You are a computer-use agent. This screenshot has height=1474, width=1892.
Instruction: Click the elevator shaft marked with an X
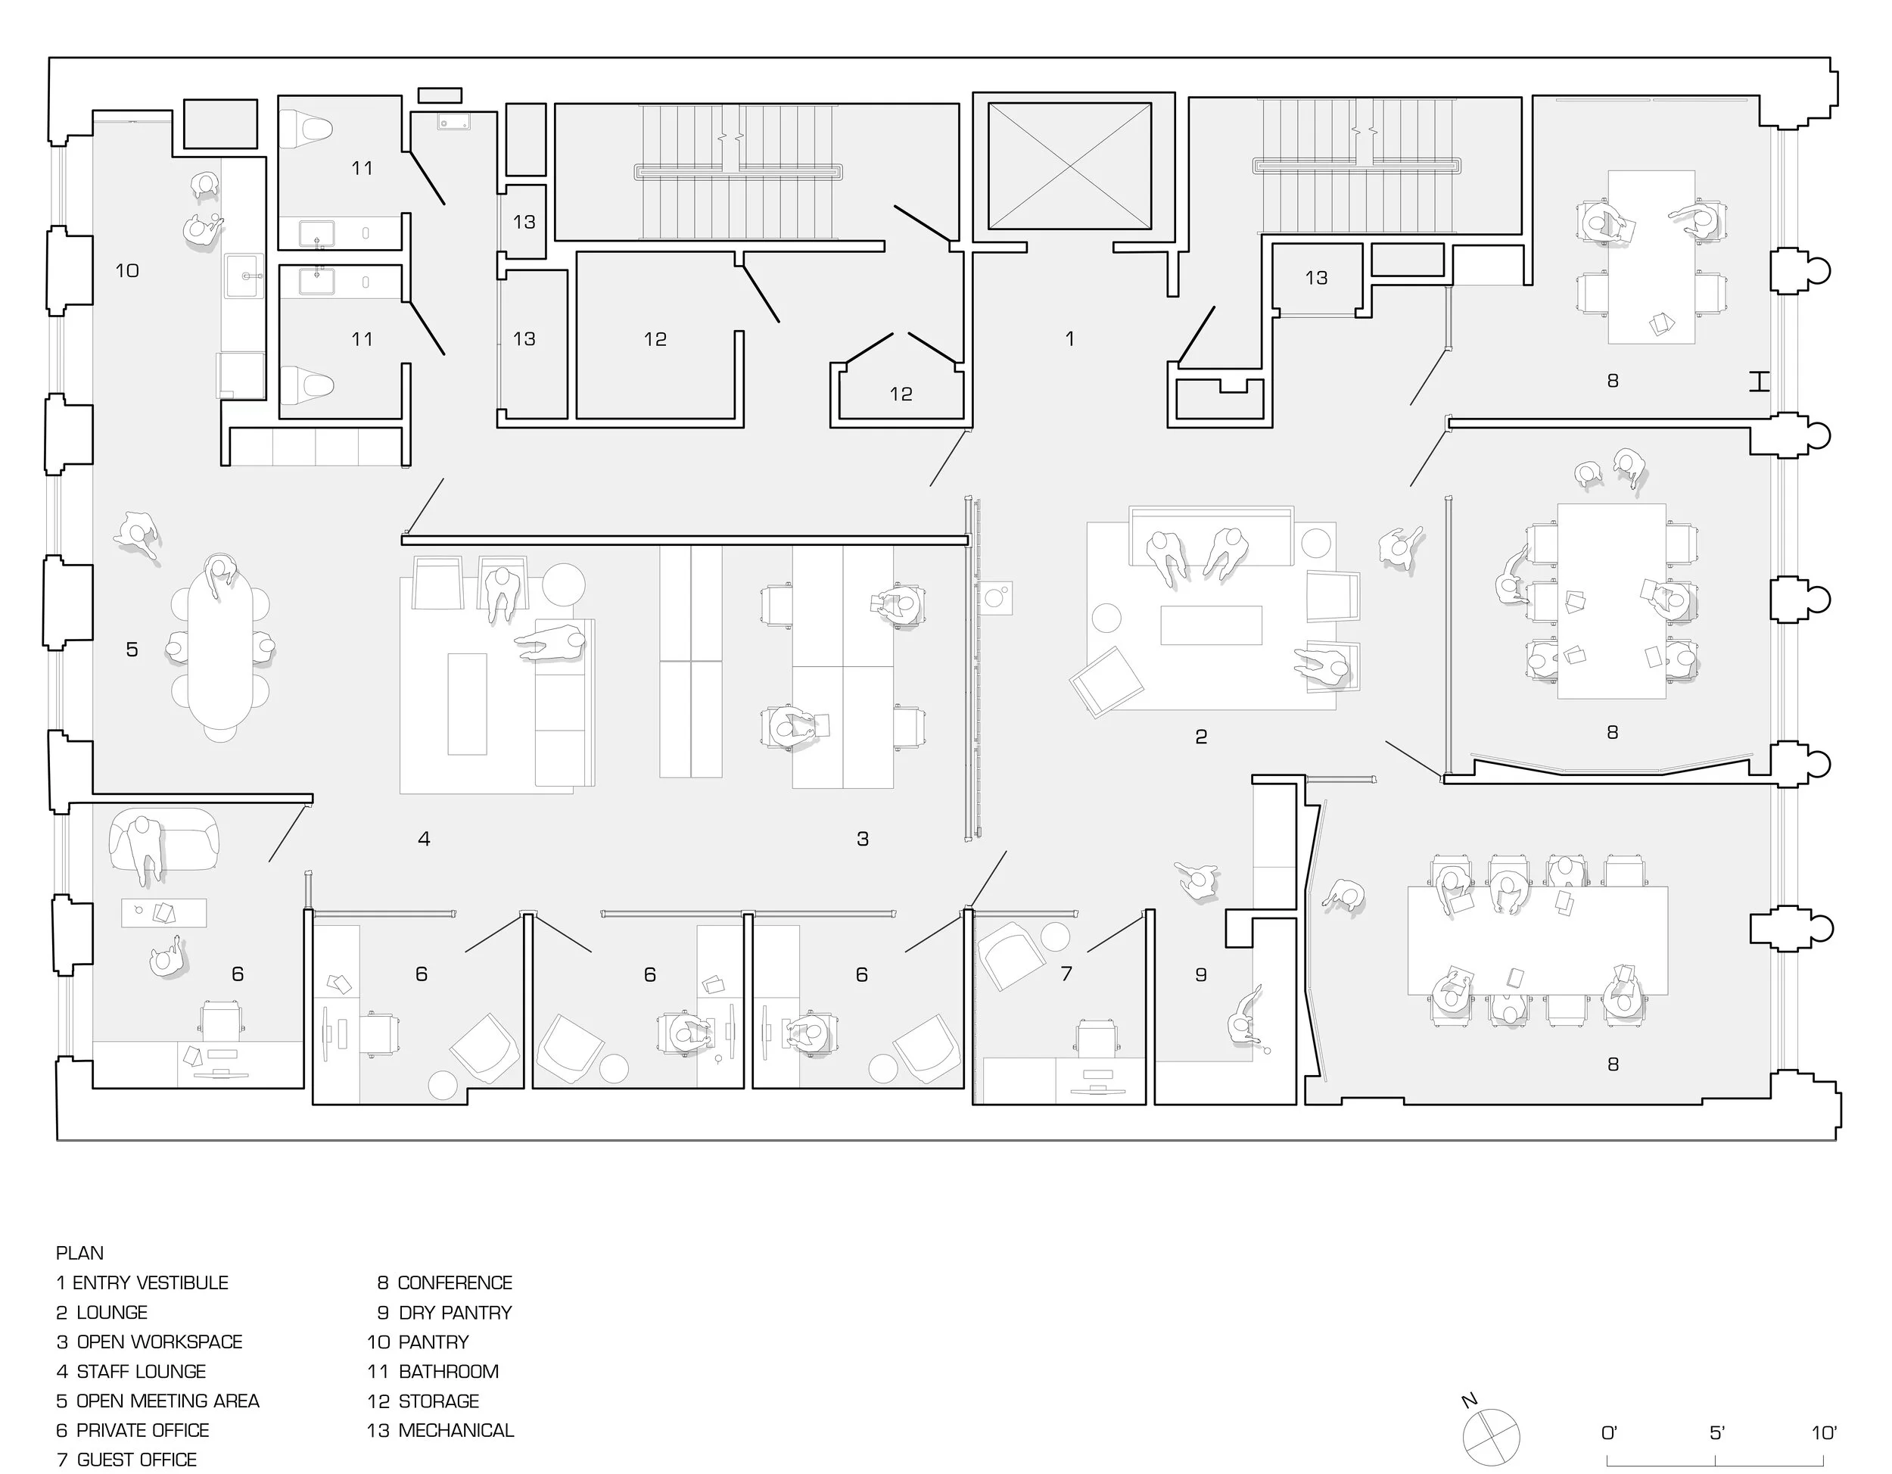click(x=1071, y=167)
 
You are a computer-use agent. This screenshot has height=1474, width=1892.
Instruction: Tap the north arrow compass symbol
click(x=1491, y=1436)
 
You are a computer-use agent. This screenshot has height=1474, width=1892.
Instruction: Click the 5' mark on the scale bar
click(x=1717, y=1433)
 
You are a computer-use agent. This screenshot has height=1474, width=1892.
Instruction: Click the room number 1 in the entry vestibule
click(x=1070, y=339)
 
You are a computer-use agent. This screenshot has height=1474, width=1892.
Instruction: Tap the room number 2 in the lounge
click(x=1201, y=737)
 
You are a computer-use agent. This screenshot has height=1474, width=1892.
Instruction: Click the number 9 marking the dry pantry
click(x=1201, y=975)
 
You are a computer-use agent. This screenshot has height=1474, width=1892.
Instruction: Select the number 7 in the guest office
click(x=1066, y=974)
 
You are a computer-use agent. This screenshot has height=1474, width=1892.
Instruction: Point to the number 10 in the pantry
click(x=127, y=270)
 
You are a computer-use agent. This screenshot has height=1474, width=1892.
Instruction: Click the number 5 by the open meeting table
click(x=132, y=649)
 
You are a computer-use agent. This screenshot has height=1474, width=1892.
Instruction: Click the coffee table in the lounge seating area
click(x=1211, y=625)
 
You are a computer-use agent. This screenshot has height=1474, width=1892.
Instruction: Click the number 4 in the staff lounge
click(x=424, y=839)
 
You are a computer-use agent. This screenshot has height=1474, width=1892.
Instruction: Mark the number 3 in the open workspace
click(x=863, y=839)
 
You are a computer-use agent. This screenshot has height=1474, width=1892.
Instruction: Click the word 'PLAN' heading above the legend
click(x=79, y=1253)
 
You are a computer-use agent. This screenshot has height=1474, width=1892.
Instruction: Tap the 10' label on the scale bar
click(x=1824, y=1433)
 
